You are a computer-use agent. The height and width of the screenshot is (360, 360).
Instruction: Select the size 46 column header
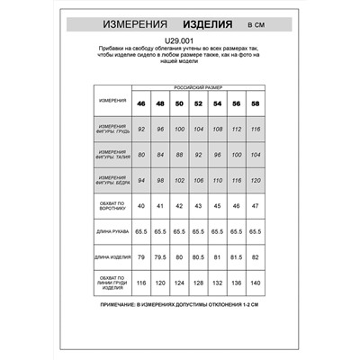click(140, 103)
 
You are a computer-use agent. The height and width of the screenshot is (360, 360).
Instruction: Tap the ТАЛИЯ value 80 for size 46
click(140, 155)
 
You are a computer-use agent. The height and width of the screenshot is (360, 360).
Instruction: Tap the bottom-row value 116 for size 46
click(140, 283)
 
